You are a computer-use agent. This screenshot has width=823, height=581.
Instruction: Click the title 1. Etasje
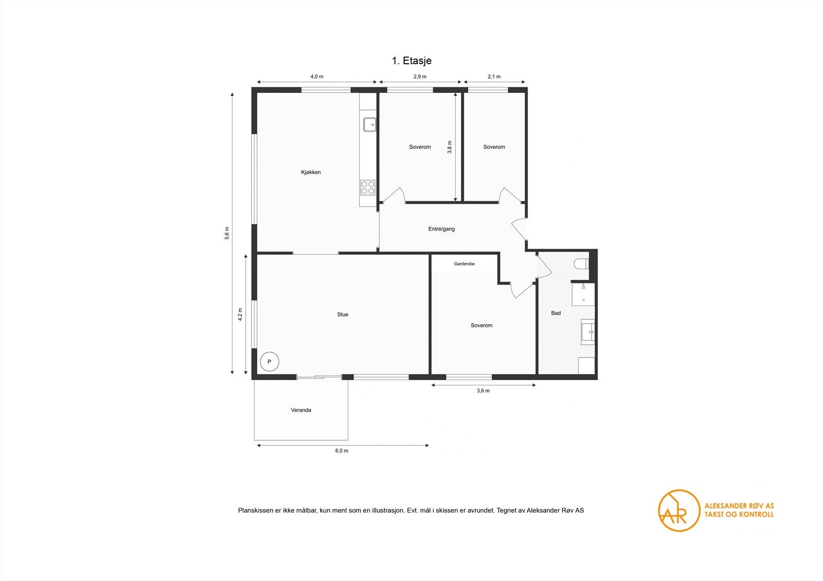click(411, 61)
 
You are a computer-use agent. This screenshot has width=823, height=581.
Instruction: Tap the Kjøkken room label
click(311, 172)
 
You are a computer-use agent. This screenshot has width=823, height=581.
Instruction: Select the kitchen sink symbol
click(369, 124)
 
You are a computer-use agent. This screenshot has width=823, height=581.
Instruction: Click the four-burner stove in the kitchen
click(368, 187)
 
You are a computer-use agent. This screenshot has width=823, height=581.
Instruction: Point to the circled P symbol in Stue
click(269, 362)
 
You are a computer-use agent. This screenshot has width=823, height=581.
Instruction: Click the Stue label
click(343, 314)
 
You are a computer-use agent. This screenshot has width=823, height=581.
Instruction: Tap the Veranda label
click(301, 410)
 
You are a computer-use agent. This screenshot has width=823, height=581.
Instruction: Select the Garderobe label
click(464, 264)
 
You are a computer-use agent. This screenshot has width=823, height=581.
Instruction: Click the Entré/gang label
click(441, 229)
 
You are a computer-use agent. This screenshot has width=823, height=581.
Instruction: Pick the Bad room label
click(556, 313)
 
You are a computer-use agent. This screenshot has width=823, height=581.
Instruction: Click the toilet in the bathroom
click(581, 264)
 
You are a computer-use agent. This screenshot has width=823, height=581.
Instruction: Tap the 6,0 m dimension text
click(342, 451)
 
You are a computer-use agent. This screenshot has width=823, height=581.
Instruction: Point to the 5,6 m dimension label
click(227, 233)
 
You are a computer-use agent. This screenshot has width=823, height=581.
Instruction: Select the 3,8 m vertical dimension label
click(450, 147)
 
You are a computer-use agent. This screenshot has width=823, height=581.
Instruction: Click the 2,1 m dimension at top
click(494, 77)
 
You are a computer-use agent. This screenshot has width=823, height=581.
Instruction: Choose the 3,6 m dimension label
click(483, 391)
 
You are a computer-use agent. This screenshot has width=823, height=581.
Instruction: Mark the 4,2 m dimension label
click(240, 314)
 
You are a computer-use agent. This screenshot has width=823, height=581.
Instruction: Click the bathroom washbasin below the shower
click(588, 332)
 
